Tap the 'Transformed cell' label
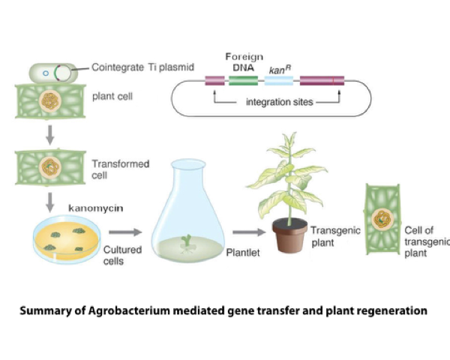click(120, 168)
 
